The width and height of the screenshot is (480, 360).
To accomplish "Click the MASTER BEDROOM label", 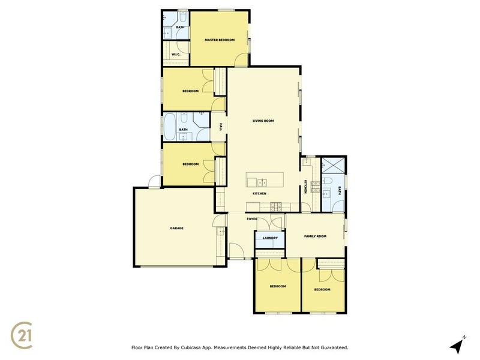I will [219, 40].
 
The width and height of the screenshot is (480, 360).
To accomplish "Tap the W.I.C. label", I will [176, 55].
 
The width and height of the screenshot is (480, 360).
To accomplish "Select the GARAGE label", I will [176, 228].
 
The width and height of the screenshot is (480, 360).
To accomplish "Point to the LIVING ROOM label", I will [263, 121].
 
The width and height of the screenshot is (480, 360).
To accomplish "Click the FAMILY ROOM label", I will [315, 236].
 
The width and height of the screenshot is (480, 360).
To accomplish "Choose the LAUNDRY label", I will [269, 238].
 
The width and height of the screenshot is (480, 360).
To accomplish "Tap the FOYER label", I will [252, 219].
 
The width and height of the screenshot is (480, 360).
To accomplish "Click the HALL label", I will [221, 127].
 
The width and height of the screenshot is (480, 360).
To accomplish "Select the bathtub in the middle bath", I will [170, 127].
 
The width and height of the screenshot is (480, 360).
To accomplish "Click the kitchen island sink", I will [263, 182].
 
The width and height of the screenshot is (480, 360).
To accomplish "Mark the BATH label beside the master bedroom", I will [180, 27].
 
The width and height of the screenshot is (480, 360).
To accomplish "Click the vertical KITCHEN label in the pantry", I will [305, 187].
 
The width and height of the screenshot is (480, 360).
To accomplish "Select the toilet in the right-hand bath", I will [329, 181].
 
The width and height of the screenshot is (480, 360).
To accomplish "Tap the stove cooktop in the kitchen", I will [277, 207].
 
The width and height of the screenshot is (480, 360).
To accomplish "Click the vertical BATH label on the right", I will [339, 191].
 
